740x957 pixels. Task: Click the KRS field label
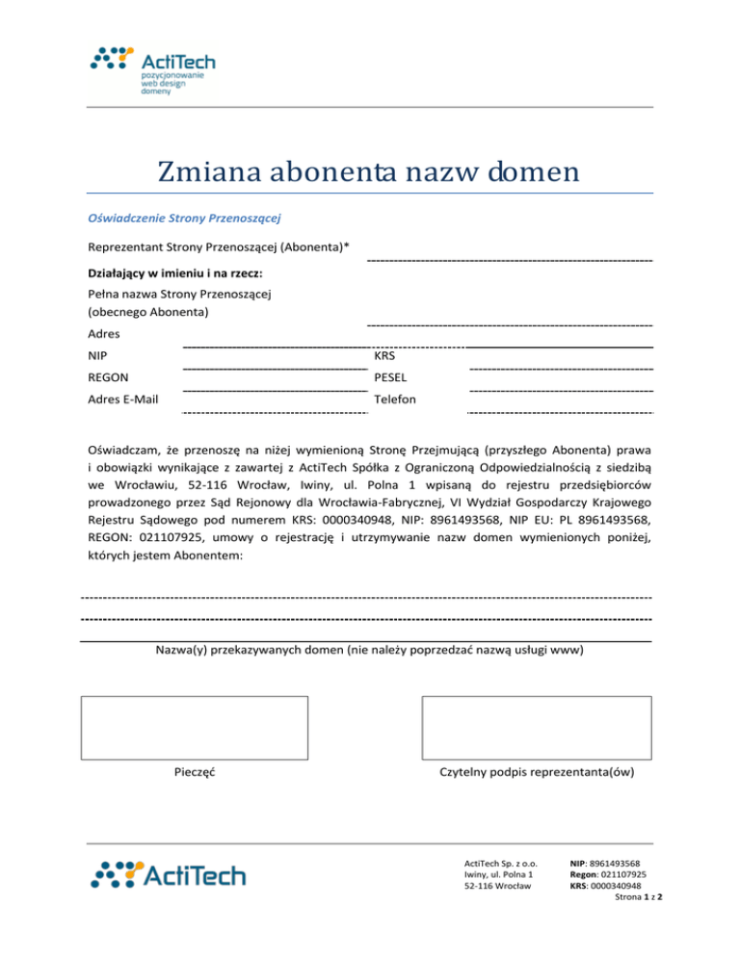point(384,356)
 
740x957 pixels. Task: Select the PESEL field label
point(391,377)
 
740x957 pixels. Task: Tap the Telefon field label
point(395,399)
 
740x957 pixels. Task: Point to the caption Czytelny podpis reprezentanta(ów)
point(536,772)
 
